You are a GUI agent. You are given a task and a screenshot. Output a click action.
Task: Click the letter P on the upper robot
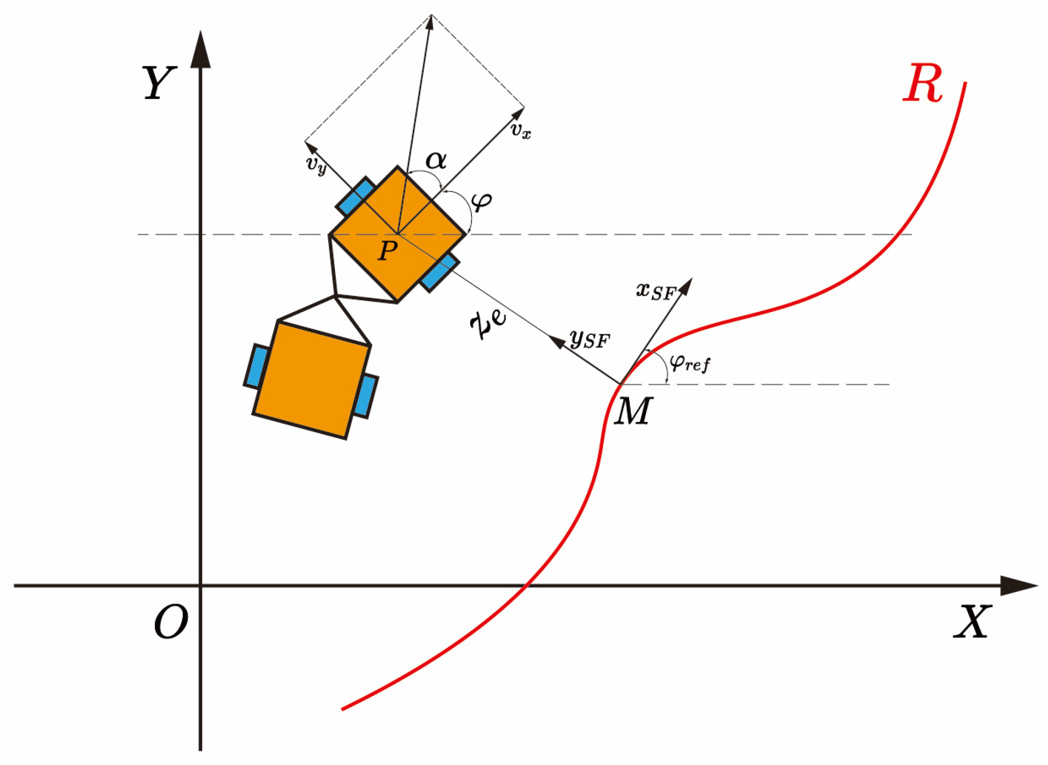pyautogui.click(x=388, y=251)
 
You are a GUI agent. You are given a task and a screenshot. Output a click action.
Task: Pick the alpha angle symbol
pyautogui.click(x=436, y=160)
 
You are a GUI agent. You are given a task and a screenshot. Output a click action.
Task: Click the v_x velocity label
pyautogui.click(x=521, y=131)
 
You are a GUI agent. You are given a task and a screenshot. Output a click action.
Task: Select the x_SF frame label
pyautogui.click(x=655, y=291)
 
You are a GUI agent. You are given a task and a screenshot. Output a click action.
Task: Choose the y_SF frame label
pyautogui.click(x=589, y=339)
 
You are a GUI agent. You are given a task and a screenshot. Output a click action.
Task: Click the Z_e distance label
pyautogui.click(x=488, y=325)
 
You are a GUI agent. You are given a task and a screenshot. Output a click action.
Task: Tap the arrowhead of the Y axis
pyautogui.click(x=200, y=50)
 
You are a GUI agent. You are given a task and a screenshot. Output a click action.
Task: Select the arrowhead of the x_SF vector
pyautogui.click(x=686, y=286)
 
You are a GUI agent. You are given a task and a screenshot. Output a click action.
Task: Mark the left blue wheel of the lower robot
pyautogui.click(x=257, y=366)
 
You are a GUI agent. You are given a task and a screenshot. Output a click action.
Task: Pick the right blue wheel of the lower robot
pyautogui.click(x=366, y=396)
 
